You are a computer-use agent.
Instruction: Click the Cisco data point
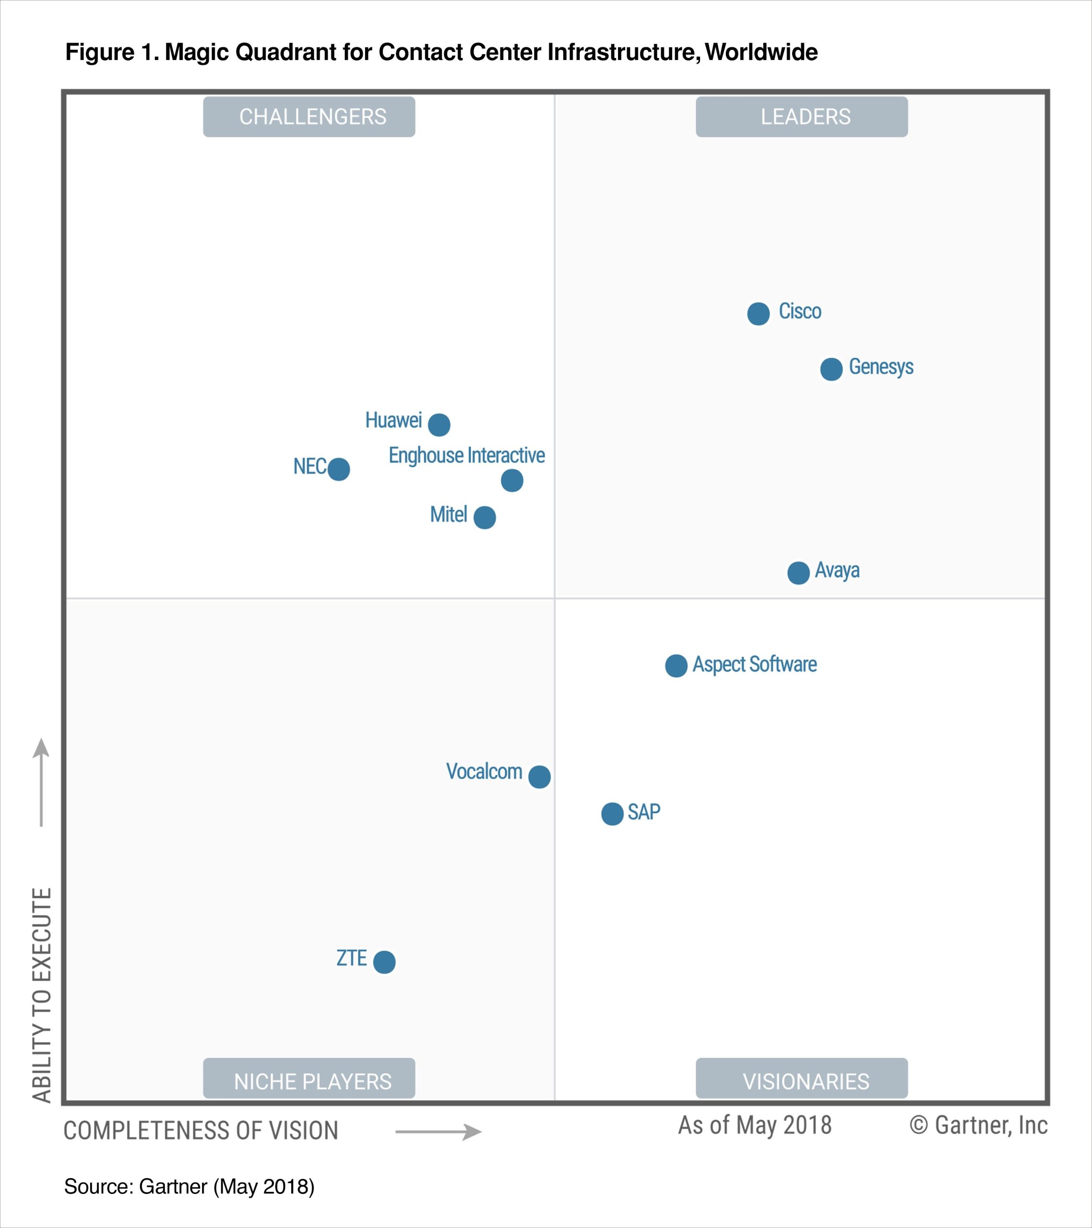click(x=759, y=314)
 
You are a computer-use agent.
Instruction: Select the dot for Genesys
click(x=831, y=369)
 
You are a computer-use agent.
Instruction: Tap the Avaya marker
click(x=798, y=573)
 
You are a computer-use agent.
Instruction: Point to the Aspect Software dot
click(x=676, y=666)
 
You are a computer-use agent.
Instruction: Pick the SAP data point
click(x=612, y=814)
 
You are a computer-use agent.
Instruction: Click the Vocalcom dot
click(x=539, y=777)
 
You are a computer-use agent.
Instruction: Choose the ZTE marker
click(x=384, y=962)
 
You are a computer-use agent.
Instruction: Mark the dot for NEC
click(x=338, y=469)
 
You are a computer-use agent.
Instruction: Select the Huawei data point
click(x=439, y=425)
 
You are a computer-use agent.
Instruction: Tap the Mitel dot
click(x=485, y=517)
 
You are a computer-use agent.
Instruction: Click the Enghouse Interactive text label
click(x=466, y=455)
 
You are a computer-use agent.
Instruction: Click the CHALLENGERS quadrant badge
click(x=309, y=117)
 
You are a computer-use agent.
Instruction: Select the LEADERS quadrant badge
click(x=802, y=117)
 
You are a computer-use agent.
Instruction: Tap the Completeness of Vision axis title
click(x=201, y=1131)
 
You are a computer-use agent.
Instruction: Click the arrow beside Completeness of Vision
click(x=438, y=1132)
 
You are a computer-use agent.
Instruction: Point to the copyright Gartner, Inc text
click(x=978, y=1125)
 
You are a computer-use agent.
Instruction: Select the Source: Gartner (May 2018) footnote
click(x=190, y=1187)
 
